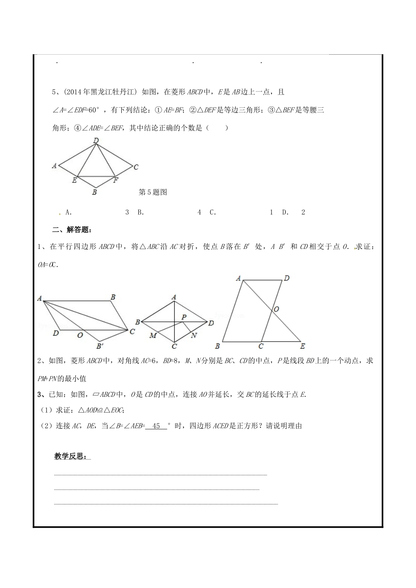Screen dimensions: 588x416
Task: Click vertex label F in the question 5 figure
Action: click(x=116, y=180)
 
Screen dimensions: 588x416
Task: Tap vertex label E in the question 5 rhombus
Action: click(x=74, y=180)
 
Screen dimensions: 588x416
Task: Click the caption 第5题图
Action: click(x=153, y=192)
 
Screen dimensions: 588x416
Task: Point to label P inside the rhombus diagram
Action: click(x=184, y=317)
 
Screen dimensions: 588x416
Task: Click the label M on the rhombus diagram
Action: click(x=153, y=335)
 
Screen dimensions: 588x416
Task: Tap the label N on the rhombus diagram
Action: click(x=194, y=335)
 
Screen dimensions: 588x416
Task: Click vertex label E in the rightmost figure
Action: click(x=302, y=346)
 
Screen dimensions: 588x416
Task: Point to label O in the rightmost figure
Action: click(x=276, y=309)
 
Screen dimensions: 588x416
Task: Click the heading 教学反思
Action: click(x=71, y=456)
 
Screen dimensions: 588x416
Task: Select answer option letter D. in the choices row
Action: click(x=286, y=212)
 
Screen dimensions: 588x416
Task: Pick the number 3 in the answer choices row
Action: click(x=127, y=212)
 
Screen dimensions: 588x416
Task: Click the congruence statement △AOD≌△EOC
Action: click(x=101, y=410)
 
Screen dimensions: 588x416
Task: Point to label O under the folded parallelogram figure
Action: click(x=80, y=335)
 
